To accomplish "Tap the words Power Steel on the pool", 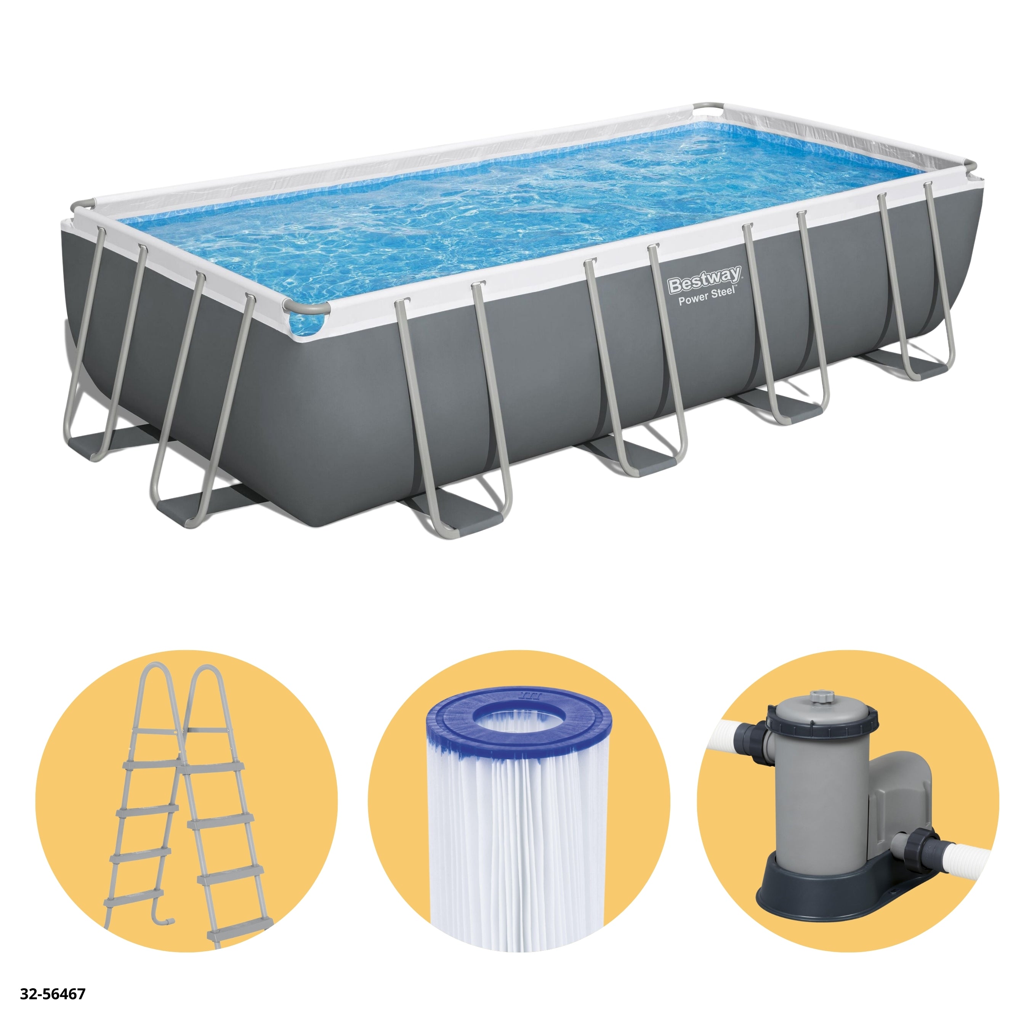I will [x=706, y=296].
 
